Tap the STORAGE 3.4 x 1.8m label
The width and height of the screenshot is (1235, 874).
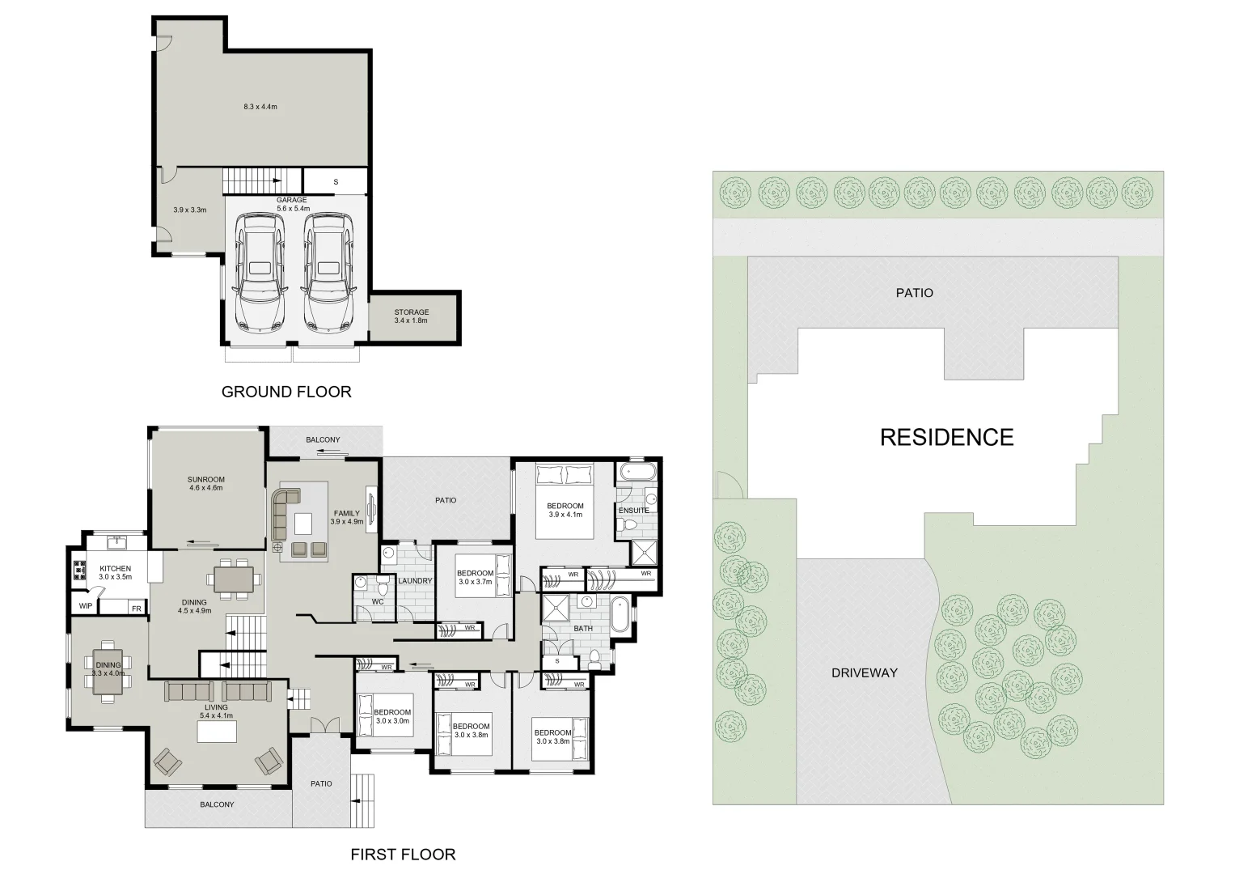411,316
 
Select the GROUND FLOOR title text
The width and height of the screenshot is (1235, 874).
286,392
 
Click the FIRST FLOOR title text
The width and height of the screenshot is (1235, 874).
403,854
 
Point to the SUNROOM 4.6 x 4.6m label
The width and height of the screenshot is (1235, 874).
205,484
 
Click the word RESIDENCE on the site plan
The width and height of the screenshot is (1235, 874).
946,438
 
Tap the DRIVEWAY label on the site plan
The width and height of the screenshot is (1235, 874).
864,672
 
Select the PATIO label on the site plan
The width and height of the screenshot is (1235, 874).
914,293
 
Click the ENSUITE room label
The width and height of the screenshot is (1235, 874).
633,511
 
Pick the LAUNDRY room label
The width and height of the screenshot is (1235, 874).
415,581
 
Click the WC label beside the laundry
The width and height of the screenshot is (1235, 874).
377,602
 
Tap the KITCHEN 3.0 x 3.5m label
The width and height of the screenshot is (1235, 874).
115,573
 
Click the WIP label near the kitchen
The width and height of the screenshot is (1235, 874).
85,606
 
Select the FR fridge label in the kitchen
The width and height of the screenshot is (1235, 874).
136,609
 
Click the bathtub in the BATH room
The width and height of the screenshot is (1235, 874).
621,614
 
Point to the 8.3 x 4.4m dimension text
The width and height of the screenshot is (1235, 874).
260,107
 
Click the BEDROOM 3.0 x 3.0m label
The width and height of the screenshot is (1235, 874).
391,717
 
